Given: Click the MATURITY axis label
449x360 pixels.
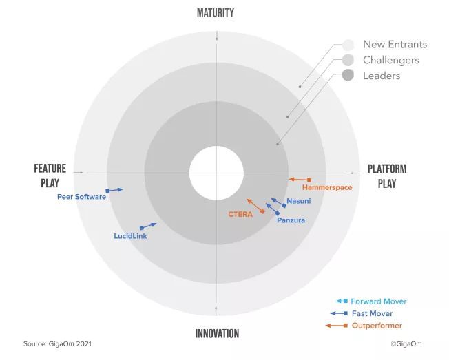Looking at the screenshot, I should tap(216, 13).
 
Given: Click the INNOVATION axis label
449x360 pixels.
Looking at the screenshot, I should tap(217, 334).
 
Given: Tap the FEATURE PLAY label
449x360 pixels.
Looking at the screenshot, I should tap(50, 176).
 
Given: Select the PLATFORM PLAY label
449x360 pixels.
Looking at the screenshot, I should tap(386, 176).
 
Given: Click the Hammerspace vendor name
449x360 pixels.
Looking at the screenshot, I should tap(327, 187).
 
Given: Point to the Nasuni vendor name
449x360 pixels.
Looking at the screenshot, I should tap(298, 201).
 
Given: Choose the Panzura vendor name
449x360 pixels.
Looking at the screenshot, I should tap(291, 220).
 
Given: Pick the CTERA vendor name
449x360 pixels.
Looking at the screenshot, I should tap(240, 214).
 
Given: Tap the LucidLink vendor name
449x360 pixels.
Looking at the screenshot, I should tap(130, 236).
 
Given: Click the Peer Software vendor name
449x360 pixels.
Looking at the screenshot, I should tap(81, 197).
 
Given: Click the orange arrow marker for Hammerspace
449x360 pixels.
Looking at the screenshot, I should tap(300, 180).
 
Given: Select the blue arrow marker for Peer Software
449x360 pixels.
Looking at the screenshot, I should tap(114, 189).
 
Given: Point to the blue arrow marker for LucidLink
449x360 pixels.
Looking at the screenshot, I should tap(147, 226).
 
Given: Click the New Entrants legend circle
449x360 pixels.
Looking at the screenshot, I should tap(348, 45).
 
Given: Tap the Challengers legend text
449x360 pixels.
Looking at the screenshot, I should tap(390, 61).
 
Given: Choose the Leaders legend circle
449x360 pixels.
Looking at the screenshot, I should tap(348, 76).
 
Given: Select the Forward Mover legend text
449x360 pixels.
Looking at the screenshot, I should tap(378, 301).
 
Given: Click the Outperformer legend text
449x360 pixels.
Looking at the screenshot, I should tap(377, 326).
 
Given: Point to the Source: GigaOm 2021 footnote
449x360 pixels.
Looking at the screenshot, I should tap(57, 343).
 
